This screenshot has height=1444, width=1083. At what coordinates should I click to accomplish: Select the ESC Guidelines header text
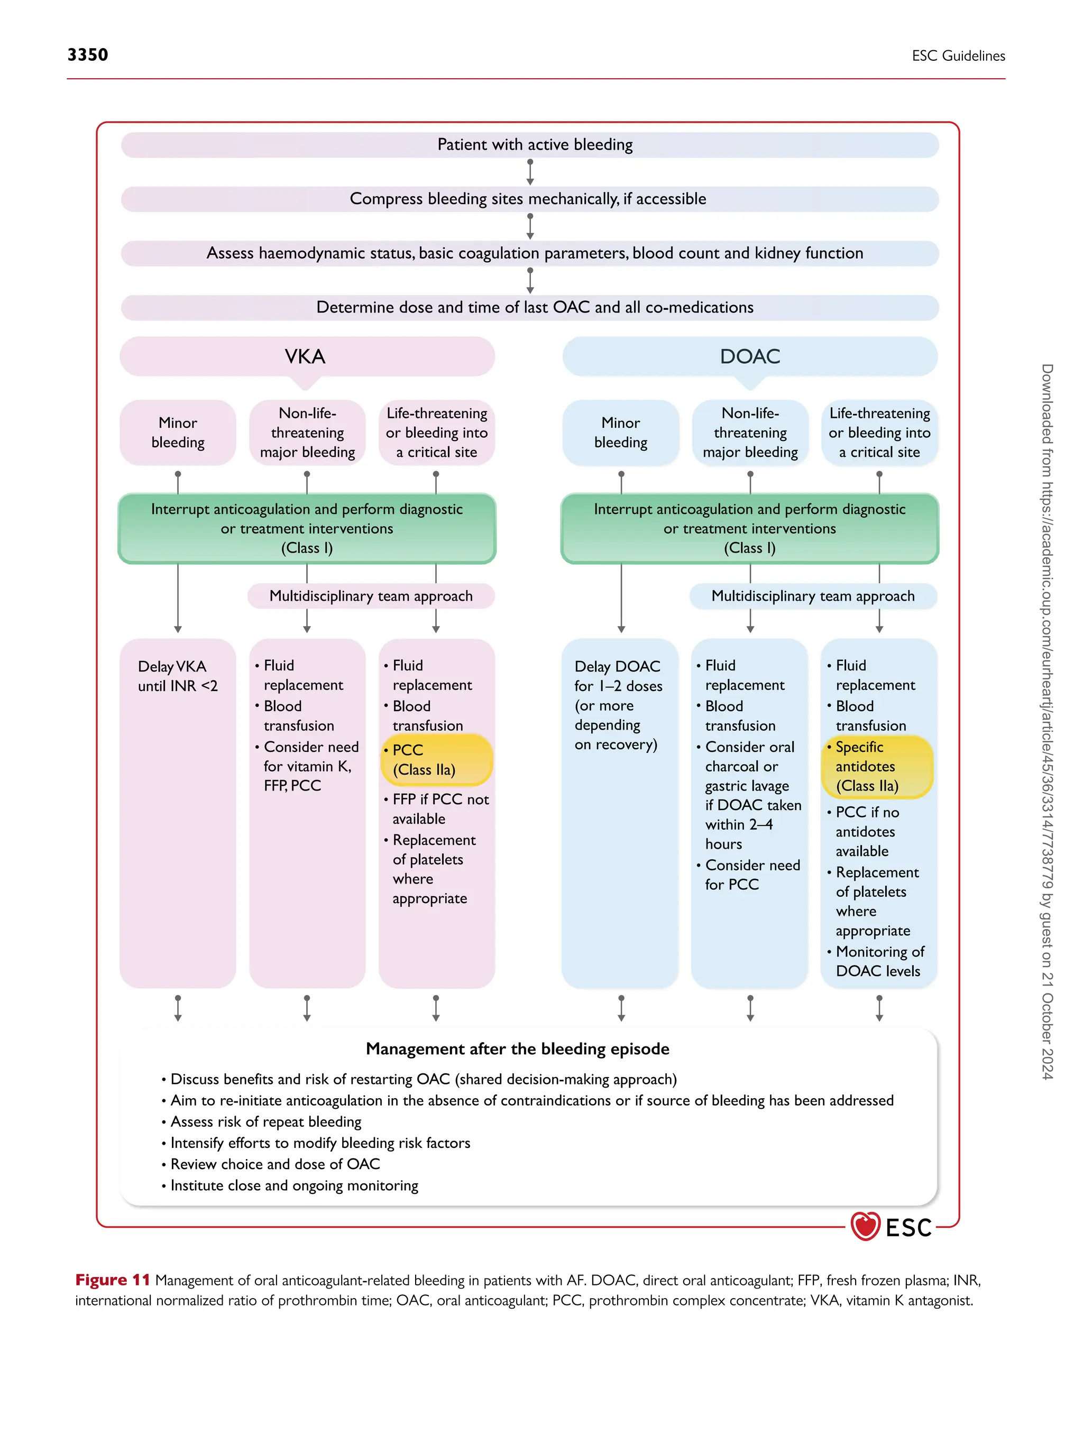tap(958, 56)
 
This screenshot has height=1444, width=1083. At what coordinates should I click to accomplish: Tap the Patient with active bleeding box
tap(529, 145)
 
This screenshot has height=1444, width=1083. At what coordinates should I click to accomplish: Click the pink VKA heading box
tap(307, 356)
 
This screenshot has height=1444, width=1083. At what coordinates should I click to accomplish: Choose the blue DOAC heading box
tap(749, 356)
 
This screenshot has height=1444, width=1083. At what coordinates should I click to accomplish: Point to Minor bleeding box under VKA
tap(178, 432)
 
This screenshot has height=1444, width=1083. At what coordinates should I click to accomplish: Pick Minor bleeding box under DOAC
tap(620, 432)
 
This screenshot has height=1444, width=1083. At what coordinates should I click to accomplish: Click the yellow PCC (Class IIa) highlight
tap(436, 760)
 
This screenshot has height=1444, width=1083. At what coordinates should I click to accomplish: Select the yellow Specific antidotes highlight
tap(877, 766)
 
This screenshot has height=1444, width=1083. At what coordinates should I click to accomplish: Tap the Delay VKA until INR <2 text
tap(177, 676)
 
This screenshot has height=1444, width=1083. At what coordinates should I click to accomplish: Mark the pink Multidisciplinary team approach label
tap(371, 596)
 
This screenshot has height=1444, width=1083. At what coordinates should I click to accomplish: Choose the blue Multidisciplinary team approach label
tap(813, 596)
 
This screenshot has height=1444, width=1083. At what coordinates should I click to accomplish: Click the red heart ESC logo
tap(866, 1227)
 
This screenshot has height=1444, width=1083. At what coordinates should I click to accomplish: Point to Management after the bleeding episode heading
tap(517, 1048)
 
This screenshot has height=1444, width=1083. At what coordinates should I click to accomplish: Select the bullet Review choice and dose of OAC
tap(274, 1164)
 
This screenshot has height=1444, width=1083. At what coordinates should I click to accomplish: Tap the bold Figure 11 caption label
tap(112, 1280)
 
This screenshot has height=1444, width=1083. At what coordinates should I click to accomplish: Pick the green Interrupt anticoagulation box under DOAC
tap(749, 528)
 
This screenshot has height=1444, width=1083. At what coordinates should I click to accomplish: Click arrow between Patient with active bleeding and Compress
tap(530, 172)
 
